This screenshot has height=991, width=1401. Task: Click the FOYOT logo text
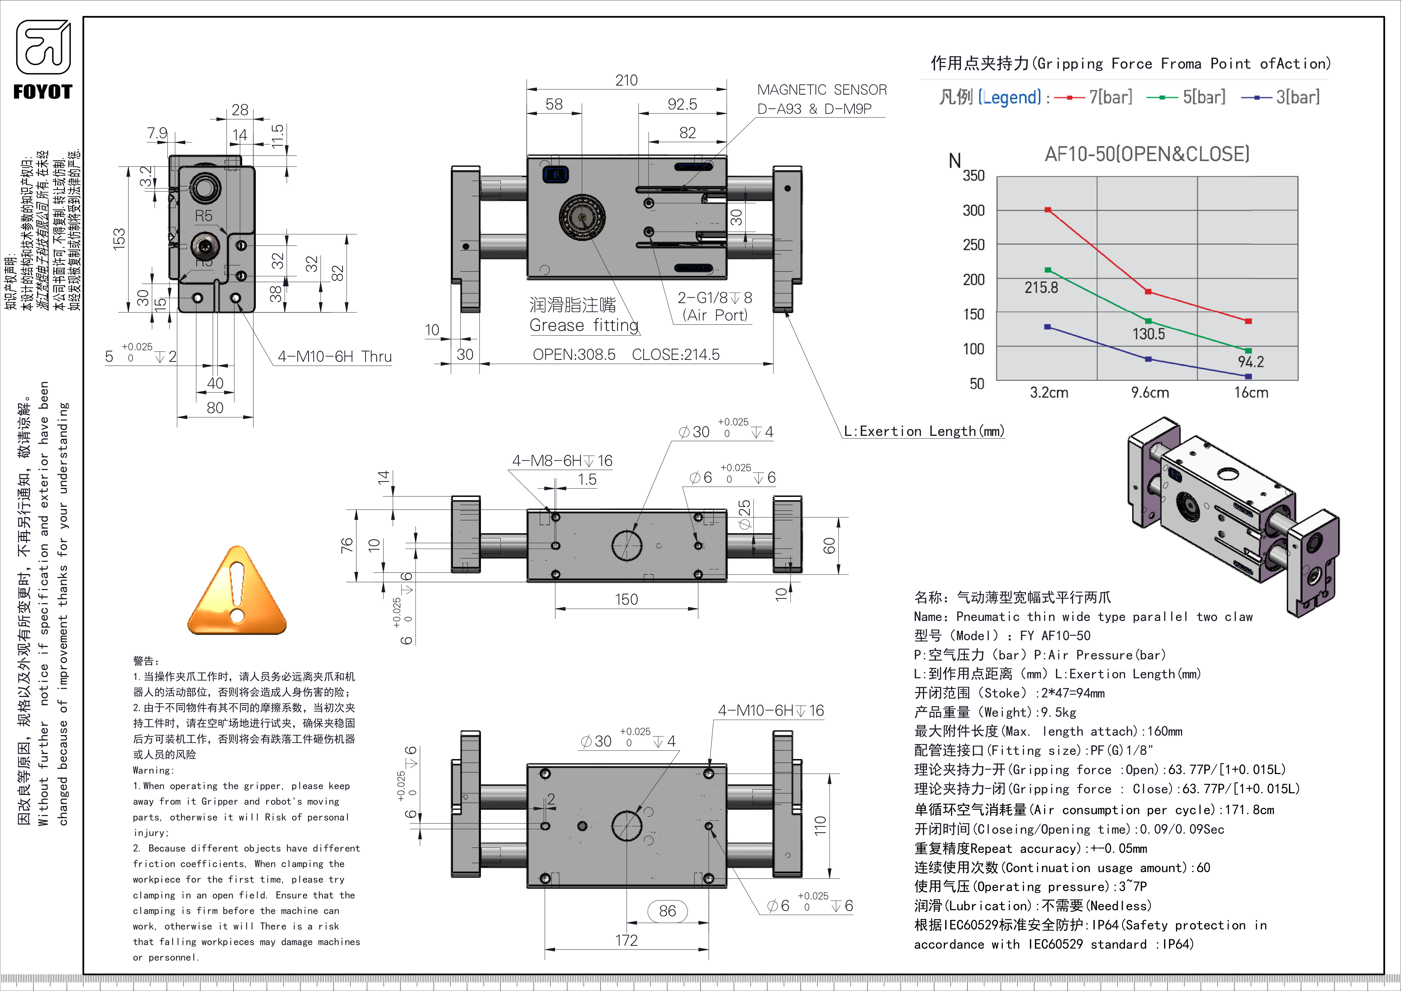tap(43, 92)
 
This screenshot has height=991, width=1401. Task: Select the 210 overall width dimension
tap(626, 80)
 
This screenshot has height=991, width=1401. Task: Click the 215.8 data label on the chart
tap(1041, 287)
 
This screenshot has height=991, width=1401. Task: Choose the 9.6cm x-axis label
tap(1150, 392)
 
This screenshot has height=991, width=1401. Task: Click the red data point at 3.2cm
tap(1048, 210)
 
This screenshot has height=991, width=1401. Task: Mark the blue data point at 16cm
tap(1248, 377)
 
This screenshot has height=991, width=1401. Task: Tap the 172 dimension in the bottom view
tap(626, 940)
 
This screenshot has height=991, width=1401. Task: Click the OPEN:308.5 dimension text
tap(574, 355)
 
